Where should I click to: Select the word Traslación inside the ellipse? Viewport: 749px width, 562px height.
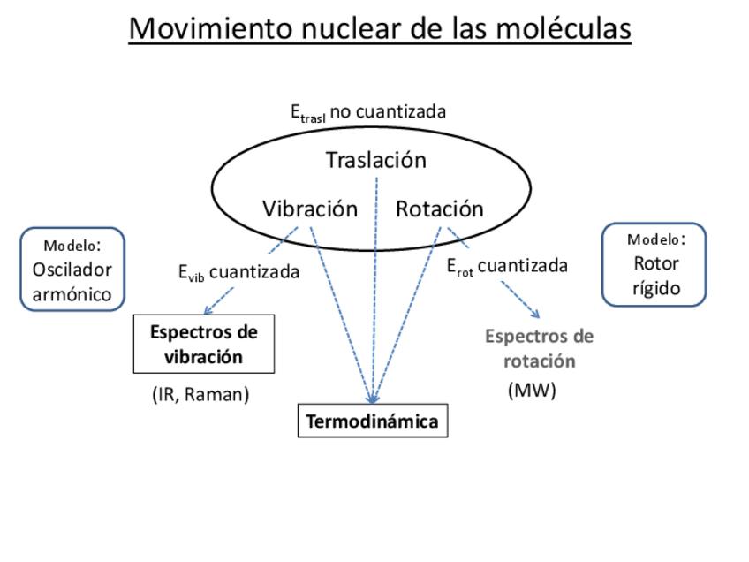click(375, 160)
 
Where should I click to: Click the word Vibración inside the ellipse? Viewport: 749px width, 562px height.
click(310, 209)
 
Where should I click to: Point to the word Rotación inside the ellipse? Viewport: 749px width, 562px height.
click(439, 209)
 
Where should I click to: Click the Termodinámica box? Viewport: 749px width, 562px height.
click(372, 421)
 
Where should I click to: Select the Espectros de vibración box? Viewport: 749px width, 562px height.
click(204, 344)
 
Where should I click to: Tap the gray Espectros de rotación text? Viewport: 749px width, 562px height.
click(540, 348)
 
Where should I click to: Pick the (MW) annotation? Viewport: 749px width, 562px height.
click(532, 391)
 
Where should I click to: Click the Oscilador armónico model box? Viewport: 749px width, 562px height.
click(72, 270)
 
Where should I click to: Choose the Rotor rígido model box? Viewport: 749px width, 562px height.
click(654, 264)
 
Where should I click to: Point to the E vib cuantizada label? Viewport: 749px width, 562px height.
click(238, 272)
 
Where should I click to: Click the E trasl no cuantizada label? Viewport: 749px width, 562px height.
click(368, 112)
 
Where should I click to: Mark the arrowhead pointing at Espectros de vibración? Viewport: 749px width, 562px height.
click(207, 310)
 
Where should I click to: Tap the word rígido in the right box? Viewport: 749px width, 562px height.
click(655, 289)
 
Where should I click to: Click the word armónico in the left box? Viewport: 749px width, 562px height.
click(72, 294)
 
